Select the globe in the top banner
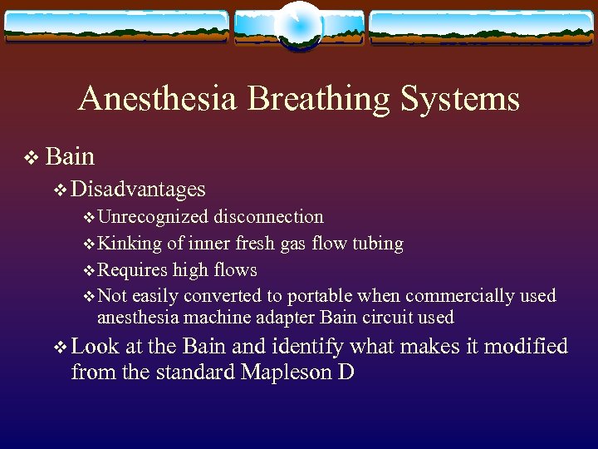298,25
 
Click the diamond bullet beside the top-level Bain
32,157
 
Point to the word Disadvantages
138,190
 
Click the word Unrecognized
153,217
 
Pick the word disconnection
268,217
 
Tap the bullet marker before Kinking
90,244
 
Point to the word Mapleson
287,372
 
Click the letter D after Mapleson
347,371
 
